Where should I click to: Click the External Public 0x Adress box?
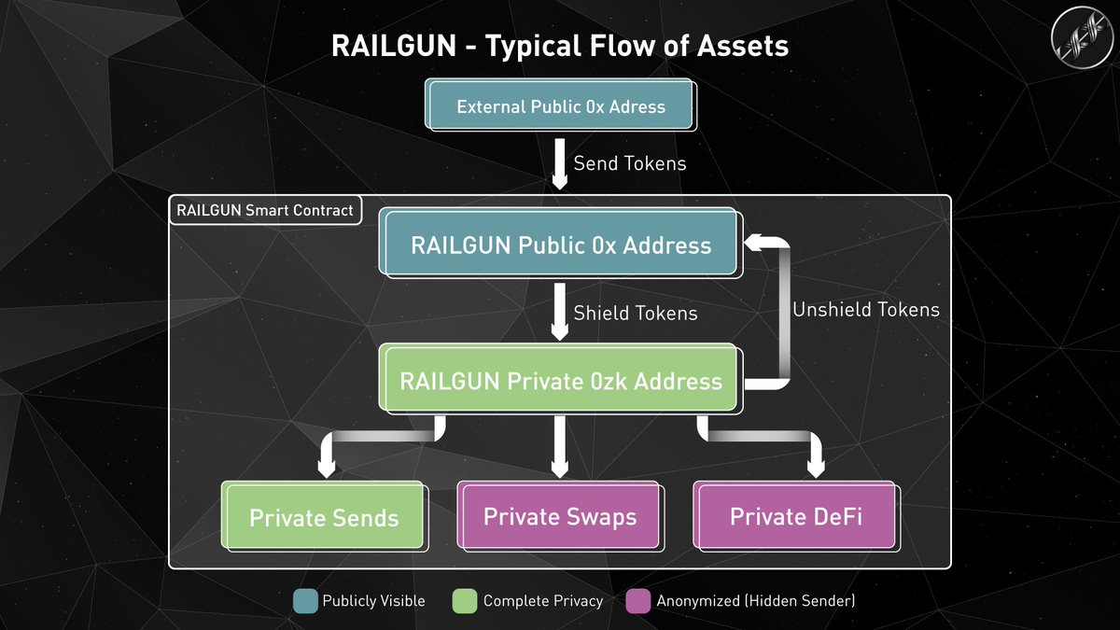pos(560,106)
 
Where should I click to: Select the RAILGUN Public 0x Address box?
pos(560,245)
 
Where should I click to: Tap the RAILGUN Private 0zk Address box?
pos(560,381)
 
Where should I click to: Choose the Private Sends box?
pos(324,517)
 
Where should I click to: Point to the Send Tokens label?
pos(629,163)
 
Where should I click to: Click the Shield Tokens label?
pos(635,314)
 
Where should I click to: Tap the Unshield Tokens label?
pos(865,309)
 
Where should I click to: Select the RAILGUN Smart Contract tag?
pos(265,210)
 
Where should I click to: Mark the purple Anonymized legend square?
pos(637,600)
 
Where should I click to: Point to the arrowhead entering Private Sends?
pos(326,467)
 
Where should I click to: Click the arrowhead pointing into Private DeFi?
pos(815,467)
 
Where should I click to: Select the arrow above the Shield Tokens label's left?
pos(559,313)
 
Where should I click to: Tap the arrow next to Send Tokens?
pos(559,162)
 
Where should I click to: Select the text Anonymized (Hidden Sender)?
pos(755,601)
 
